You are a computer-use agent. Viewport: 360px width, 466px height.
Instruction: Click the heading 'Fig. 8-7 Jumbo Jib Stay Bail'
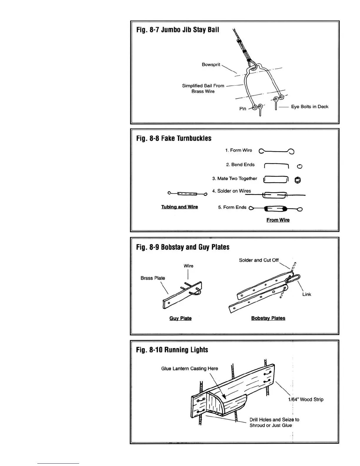(178, 30)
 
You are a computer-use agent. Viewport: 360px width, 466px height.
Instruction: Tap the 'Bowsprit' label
(211, 64)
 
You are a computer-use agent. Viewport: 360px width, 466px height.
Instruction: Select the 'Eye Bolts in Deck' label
(309, 106)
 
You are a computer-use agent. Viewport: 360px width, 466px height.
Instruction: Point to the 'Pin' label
(243, 109)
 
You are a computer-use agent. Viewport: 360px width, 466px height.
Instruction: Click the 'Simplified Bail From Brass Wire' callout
(203, 89)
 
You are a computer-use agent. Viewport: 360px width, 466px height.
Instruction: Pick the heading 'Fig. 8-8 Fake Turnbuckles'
(174, 138)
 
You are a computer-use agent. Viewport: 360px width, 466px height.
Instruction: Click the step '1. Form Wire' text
(239, 150)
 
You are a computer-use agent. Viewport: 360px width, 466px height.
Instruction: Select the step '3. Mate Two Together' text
(235, 179)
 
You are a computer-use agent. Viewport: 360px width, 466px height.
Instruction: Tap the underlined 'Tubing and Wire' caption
(179, 207)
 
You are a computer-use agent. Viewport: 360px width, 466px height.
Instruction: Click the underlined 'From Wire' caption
(278, 220)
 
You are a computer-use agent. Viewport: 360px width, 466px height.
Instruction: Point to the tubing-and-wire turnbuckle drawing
(187, 194)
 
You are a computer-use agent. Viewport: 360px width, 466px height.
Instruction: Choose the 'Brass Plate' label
(153, 278)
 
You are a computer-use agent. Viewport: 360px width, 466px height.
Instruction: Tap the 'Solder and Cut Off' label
(259, 260)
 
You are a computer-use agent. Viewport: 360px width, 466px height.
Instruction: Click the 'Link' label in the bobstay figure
(306, 294)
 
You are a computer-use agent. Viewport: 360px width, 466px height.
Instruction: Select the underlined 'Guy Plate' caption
(180, 318)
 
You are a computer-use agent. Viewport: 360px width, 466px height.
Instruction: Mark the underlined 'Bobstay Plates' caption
(268, 318)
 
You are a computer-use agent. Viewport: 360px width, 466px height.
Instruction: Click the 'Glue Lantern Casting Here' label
(189, 368)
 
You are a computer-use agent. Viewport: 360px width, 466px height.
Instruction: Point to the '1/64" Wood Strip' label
(306, 399)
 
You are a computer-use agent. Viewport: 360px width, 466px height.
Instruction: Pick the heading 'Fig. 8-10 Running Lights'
(172, 350)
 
